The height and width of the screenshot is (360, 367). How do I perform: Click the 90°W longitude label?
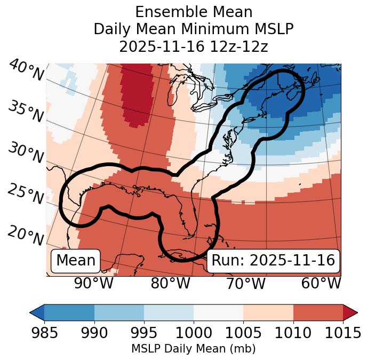[93, 284]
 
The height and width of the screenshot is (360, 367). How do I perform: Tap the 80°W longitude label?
[170, 284]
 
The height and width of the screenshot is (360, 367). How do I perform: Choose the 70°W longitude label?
[245, 284]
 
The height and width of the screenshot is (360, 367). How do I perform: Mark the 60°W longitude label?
[321, 284]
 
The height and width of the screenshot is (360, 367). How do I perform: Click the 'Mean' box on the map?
[76, 261]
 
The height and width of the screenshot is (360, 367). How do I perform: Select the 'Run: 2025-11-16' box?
[273, 261]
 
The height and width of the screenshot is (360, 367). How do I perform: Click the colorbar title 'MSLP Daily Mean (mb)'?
[193, 349]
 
